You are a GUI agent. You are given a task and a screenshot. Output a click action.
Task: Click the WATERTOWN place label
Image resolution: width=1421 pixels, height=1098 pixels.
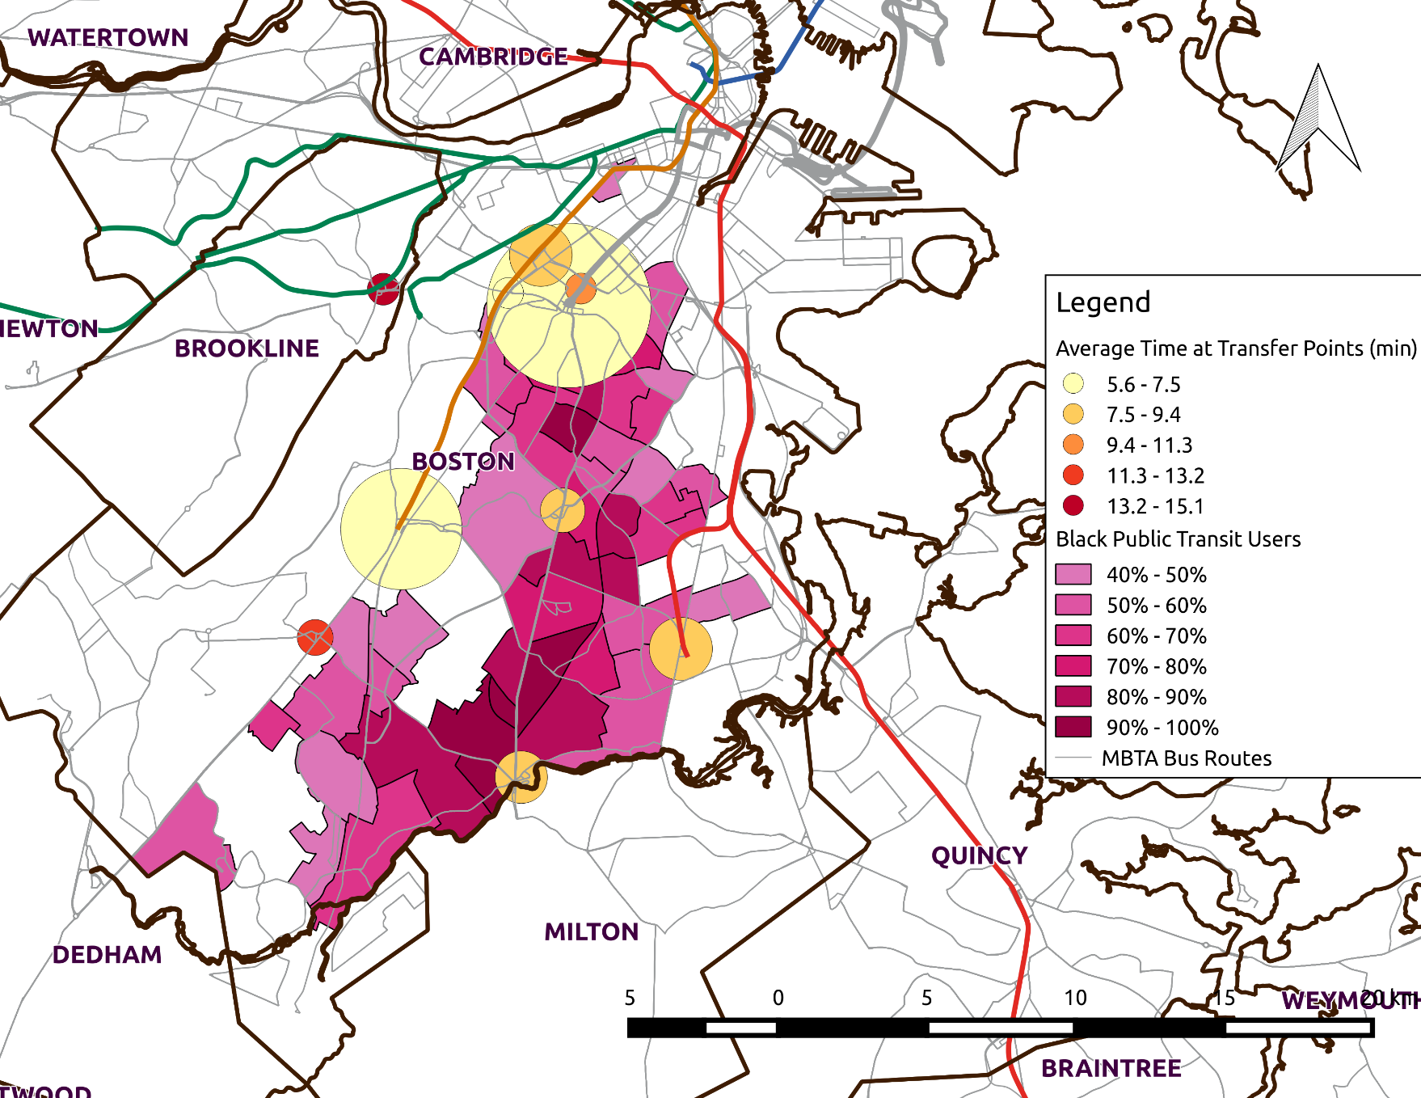click(108, 38)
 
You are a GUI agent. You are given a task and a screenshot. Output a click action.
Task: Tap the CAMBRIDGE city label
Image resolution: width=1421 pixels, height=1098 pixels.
click(493, 57)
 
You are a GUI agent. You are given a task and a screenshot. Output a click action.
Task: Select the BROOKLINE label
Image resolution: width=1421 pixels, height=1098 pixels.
click(247, 348)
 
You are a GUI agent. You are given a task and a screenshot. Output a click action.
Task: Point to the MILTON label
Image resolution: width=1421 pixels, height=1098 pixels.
click(591, 932)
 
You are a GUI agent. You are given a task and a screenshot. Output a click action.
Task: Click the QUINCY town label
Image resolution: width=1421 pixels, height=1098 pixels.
click(979, 855)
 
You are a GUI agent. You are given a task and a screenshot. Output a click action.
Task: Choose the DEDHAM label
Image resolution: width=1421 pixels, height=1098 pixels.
click(107, 955)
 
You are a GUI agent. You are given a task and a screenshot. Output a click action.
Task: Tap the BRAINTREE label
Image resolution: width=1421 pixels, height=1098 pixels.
click(1111, 1068)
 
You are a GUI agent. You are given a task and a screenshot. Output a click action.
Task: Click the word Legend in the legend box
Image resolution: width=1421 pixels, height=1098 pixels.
click(1103, 302)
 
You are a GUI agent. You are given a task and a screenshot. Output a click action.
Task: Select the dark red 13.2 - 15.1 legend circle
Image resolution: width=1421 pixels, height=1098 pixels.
click(1073, 505)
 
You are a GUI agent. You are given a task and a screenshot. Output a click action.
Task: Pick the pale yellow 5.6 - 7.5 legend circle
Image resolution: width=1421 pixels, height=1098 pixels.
click(1073, 383)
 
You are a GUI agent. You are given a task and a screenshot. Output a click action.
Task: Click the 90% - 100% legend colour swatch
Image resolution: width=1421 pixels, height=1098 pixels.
click(1073, 727)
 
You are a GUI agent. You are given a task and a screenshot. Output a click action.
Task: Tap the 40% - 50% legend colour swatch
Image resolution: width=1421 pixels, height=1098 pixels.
click(1073, 574)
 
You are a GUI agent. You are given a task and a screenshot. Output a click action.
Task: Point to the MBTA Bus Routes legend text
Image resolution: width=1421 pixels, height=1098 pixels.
click(1186, 758)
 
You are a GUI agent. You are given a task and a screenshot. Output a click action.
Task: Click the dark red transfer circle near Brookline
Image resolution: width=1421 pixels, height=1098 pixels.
click(383, 289)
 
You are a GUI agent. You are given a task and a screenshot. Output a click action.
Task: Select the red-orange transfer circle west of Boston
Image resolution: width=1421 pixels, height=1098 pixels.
click(314, 637)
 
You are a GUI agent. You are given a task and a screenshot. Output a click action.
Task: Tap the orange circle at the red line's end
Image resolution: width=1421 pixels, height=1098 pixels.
click(681, 648)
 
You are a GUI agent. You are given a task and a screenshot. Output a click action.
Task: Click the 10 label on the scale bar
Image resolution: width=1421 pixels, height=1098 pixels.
click(1075, 998)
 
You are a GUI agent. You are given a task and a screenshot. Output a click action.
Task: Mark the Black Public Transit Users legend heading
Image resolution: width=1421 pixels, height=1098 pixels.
click(1178, 539)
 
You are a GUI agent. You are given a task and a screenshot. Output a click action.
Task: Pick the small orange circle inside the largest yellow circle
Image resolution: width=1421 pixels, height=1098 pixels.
click(580, 289)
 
